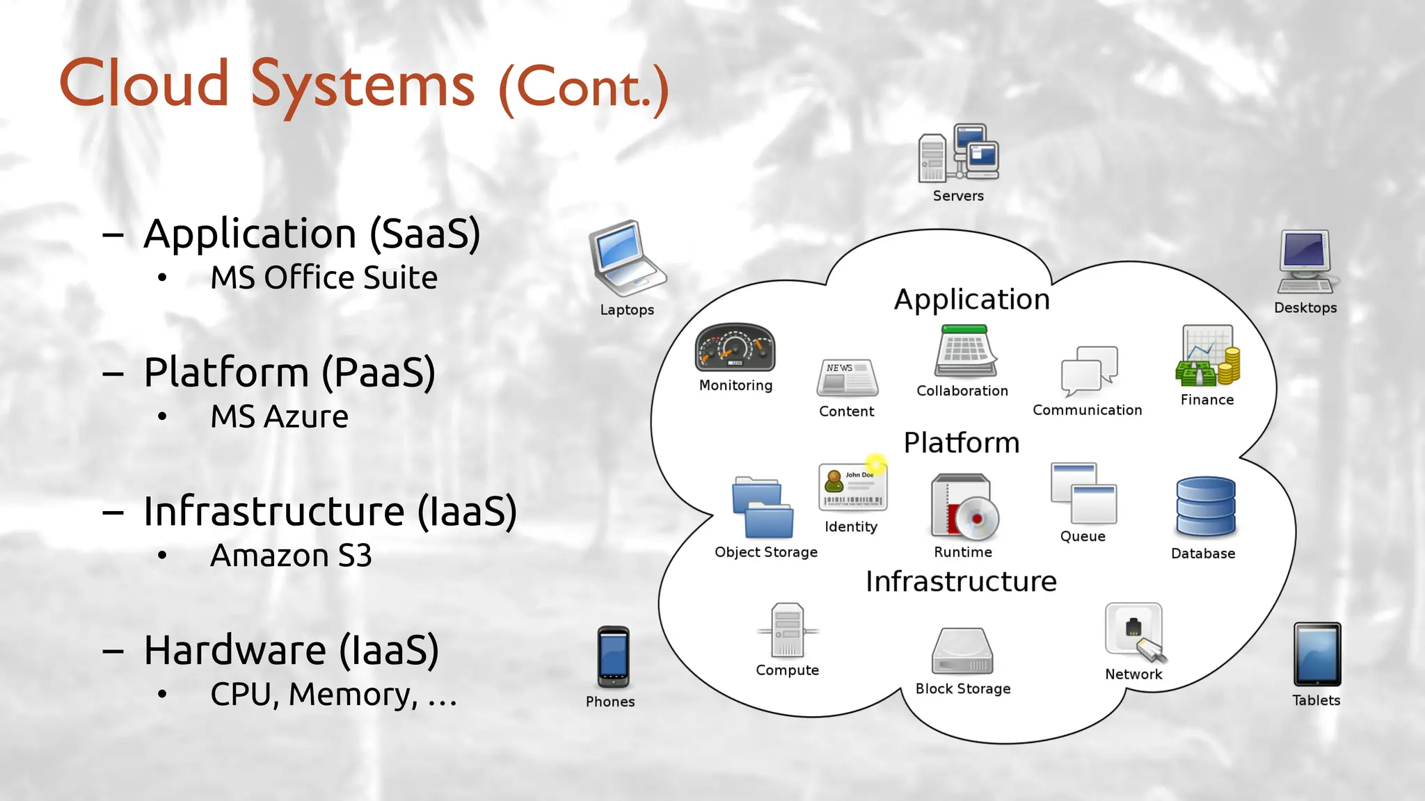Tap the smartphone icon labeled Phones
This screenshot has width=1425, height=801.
(613, 657)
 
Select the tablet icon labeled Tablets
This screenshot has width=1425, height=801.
(1316, 654)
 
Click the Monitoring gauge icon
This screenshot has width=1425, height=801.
(735, 348)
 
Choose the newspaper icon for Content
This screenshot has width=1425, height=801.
(847, 378)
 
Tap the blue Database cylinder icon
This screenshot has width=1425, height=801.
(1205, 506)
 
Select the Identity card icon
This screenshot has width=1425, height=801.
(852, 487)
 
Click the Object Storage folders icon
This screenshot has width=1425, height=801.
(763, 508)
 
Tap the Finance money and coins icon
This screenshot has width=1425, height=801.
(1207, 356)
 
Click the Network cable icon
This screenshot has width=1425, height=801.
(1134, 631)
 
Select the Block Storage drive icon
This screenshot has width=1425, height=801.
(962, 651)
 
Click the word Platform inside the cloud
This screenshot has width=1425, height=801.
(961, 443)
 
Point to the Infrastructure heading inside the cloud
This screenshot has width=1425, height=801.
(961, 581)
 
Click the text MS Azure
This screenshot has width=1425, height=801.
(279, 417)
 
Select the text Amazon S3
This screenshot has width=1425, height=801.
(291, 556)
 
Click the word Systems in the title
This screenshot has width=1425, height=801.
(363, 86)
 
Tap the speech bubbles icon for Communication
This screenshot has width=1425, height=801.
(1089, 369)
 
